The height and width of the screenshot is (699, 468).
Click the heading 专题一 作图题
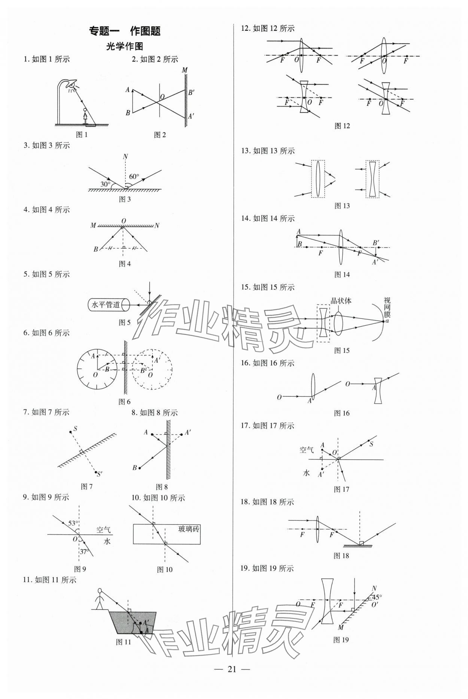pos(125,31)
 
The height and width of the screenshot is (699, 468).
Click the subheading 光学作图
pos(125,46)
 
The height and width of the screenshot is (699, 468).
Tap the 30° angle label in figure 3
pos(106,184)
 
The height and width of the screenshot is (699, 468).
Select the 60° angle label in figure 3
pos(134,176)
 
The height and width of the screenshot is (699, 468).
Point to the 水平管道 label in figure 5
pos(106,305)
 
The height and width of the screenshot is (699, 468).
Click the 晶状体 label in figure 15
pos(341,301)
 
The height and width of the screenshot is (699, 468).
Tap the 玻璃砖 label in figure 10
pos(189,529)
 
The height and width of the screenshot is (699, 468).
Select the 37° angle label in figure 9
pos(84,551)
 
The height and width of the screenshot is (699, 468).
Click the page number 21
pos(232,669)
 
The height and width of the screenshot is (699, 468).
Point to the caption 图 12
pos(342,126)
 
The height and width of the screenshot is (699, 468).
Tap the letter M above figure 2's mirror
pos(184,70)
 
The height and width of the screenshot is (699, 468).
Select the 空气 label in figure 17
pos(307,450)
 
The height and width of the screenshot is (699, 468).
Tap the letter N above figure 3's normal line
pos(125,156)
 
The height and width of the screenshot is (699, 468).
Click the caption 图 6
pos(124,402)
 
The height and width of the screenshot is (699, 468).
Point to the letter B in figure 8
pos(135,467)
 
